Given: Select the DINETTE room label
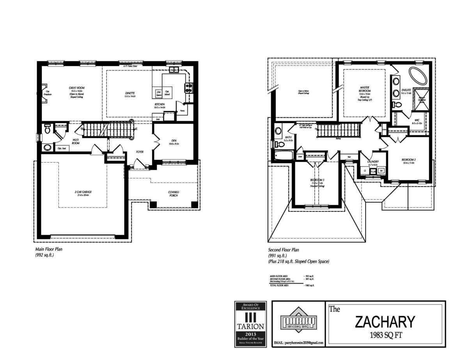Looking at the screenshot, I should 130,93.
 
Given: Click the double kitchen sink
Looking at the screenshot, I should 174,70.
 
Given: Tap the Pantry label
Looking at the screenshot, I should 182,111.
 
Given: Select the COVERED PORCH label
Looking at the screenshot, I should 174,194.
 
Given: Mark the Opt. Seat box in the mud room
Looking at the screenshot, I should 62,148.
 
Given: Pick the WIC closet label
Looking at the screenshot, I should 417,120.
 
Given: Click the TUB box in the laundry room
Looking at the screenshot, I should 373,171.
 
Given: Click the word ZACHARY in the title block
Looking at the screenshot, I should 385,322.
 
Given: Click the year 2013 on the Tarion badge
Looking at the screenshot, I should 250,334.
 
